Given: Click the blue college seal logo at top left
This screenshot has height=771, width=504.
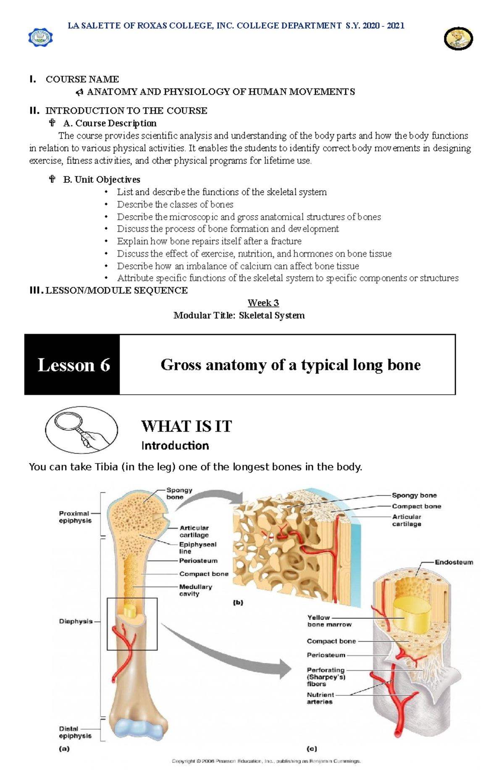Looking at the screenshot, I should click(x=40, y=38).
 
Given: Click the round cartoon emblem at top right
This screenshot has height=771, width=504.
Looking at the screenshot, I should click(x=458, y=39).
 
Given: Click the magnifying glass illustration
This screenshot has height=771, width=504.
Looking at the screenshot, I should click(x=81, y=429).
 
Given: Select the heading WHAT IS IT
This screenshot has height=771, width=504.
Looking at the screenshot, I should click(x=186, y=426).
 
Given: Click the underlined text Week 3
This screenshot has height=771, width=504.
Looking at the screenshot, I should click(x=263, y=303).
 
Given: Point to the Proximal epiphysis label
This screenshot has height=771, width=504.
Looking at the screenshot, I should click(x=75, y=517).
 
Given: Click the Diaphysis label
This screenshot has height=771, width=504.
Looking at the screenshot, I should click(x=76, y=621).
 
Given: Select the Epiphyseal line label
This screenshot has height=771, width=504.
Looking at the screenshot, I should click(x=198, y=547).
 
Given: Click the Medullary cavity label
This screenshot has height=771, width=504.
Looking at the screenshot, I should click(x=195, y=590).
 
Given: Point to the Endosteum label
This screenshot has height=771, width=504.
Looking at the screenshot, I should click(x=454, y=562).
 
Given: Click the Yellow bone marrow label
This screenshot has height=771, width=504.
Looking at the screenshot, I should click(x=329, y=621).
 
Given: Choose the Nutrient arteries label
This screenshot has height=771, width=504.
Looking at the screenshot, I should click(x=320, y=698).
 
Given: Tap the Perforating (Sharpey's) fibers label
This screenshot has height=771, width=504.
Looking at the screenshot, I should click(x=326, y=677).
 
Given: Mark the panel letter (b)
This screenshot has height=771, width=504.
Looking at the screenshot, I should click(x=238, y=602).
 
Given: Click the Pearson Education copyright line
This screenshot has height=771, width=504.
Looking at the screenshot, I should click(x=266, y=761).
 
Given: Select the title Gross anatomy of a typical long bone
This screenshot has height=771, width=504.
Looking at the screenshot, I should click(x=290, y=365).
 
